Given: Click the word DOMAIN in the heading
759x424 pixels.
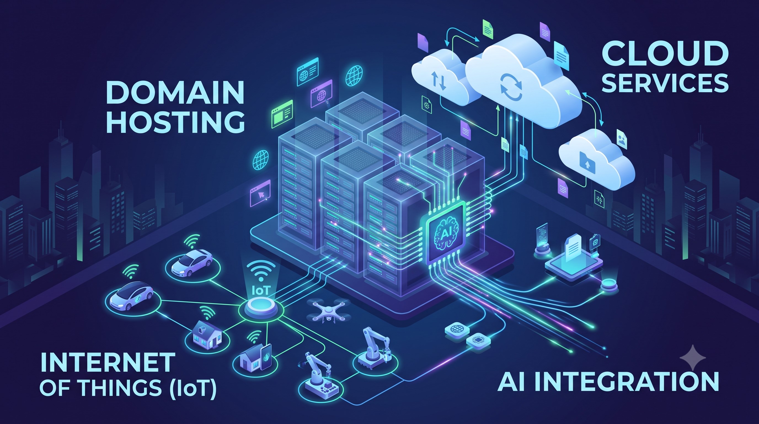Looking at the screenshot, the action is [175, 92].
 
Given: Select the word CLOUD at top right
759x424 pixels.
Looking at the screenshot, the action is [665, 54].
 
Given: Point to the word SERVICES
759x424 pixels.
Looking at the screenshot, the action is [665, 83].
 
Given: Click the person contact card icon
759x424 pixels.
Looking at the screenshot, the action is [622, 139].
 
